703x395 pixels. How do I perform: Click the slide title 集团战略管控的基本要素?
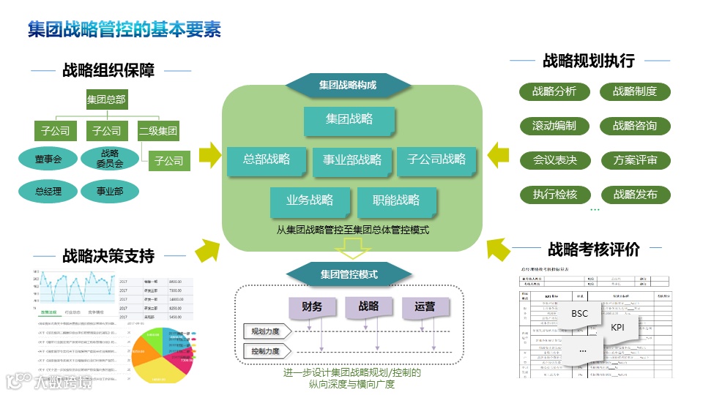pos(124,30)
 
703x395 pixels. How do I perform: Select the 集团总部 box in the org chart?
pos(106,99)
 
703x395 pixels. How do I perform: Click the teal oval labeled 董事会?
pos(48,159)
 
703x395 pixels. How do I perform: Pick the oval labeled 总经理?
pos(48,192)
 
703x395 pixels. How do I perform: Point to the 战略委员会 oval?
pos(110,159)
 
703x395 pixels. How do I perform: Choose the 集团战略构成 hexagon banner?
pos(347,85)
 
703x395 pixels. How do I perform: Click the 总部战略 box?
pos(267,159)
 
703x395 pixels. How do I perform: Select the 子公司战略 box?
pos(436,159)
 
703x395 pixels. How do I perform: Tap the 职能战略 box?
pos(396,200)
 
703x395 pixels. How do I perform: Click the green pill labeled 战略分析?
pos(554,91)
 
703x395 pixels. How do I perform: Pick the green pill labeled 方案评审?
pos(635,160)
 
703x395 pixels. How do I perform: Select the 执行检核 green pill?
pos(554,195)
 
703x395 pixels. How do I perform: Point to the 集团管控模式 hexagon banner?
pos(349,275)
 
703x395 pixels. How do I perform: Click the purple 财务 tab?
pos(311,306)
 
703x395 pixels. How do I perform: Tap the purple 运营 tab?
pos(424,306)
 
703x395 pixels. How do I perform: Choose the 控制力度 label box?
pos(265,351)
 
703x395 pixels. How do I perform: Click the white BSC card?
pos(579,314)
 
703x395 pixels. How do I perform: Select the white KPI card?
pos(617,327)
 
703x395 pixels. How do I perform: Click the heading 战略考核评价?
pos(594,249)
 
